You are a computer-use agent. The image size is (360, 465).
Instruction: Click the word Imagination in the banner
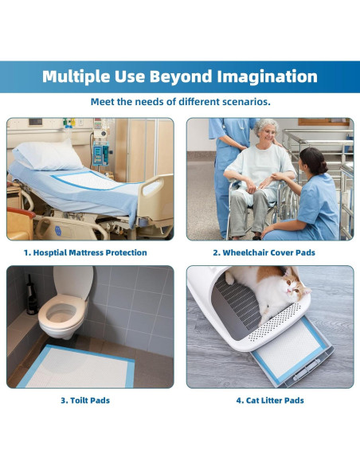[267, 76]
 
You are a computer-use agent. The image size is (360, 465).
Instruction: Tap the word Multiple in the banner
[76, 76]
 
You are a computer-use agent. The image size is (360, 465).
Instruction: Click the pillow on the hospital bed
[48, 155]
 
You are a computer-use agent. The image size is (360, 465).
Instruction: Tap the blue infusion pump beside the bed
[101, 153]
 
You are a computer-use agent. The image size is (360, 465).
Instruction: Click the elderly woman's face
[269, 134]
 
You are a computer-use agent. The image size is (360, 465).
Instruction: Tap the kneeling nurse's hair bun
[323, 167]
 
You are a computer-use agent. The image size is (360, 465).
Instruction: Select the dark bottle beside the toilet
[31, 296]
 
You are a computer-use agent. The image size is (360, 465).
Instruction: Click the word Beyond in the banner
[180, 76]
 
